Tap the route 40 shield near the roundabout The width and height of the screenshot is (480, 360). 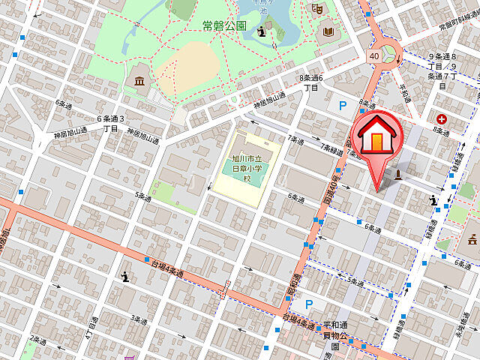pyautogui.click(x=373, y=55)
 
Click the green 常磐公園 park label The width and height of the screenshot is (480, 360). pyautogui.click(x=224, y=25)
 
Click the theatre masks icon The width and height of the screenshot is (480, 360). pyautogui.click(x=317, y=9)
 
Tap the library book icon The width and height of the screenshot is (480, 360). pyautogui.click(x=328, y=31)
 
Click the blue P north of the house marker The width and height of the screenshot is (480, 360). pyautogui.click(x=343, y=107)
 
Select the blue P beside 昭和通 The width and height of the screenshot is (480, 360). pyautogui.click(x=308, y=304)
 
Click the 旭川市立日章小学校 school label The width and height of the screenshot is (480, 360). pyautogui.click(x=247, y=169)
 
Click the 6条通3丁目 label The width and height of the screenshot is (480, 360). pyautogui.click(x=110, y=123)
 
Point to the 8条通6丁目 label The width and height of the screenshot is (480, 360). pyautogui.click(x=311, y=82)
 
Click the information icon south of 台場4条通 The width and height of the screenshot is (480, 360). pyautogui.click(x=126, y=277)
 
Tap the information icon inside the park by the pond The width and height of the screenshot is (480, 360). pyautogui.click(x=261, y=31)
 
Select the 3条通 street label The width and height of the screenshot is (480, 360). pyautogui.click(x=139, y=319)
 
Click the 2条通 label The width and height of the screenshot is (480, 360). pyautogui.click(x=34, y=340)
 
